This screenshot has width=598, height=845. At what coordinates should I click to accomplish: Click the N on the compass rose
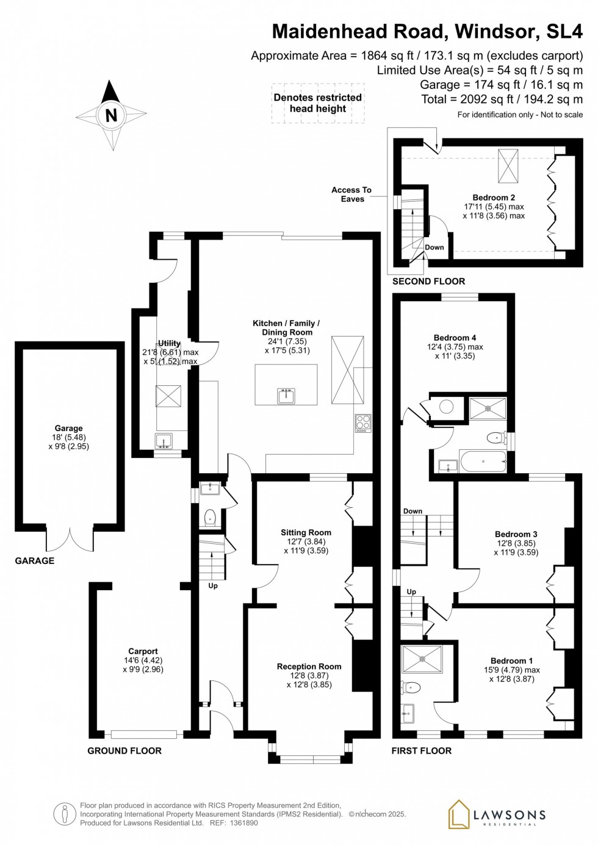111,115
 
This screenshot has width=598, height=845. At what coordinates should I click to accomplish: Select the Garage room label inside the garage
68,428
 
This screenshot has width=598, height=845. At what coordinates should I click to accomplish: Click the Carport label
143,651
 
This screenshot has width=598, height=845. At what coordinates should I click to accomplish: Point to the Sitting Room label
306,532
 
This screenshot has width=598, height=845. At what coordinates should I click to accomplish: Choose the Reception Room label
309,666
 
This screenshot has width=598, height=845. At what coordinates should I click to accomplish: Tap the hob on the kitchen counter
363,423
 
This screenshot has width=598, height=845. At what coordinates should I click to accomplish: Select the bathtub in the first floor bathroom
483,461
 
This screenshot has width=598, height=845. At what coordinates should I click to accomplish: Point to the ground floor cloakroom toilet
210,518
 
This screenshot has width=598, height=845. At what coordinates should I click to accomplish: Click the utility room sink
164,441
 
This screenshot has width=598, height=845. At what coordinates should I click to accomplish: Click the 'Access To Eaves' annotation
352,194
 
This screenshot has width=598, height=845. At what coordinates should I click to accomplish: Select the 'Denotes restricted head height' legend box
318,103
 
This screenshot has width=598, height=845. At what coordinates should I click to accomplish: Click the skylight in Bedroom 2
508,166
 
